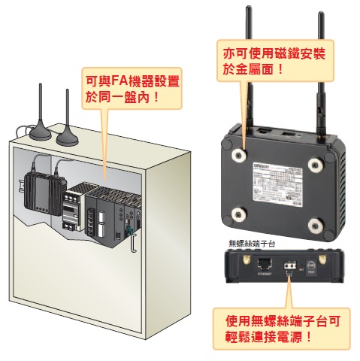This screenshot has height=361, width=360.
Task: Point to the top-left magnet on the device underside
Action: pyautogui.click(x=241, y=153)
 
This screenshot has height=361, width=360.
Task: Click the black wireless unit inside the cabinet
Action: pyautogui.click(x=42, y=193)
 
